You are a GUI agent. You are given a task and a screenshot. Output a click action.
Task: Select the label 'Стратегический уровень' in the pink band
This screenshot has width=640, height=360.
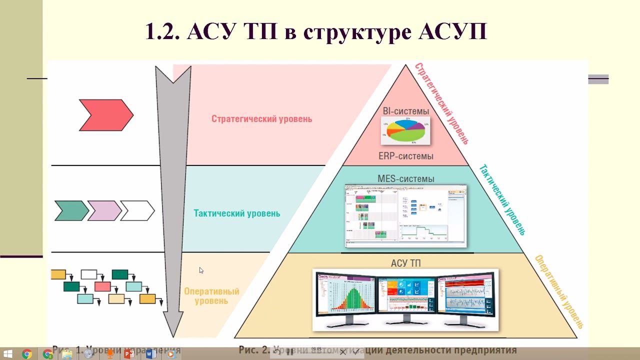(261, 119)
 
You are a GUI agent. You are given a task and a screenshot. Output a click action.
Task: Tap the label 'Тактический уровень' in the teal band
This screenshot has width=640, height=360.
(236, 213)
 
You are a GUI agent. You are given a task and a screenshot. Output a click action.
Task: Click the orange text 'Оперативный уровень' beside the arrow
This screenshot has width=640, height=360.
(211, 296)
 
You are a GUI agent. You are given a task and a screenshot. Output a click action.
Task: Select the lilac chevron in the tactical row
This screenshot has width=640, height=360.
(104, 210)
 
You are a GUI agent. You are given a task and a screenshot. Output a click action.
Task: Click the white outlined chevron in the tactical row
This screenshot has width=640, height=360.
(137, 210)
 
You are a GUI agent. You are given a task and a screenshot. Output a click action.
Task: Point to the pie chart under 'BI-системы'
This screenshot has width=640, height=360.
(405, 129)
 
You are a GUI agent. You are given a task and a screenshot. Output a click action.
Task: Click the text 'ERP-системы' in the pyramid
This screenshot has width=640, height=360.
(405, 156)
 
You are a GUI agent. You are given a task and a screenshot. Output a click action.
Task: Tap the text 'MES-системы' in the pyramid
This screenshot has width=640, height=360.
(405, 178)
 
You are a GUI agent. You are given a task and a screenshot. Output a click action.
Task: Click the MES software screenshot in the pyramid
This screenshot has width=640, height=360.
(405, 216)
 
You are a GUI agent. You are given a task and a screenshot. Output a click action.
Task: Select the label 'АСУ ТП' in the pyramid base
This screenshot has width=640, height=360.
(405, 262)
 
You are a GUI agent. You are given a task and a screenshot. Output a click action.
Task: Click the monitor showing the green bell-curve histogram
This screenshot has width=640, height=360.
(345, 298)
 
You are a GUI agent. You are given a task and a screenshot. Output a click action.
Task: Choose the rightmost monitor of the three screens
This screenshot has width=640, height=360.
(467, 298)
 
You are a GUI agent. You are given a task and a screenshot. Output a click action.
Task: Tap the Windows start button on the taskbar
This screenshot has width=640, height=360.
(8, 354)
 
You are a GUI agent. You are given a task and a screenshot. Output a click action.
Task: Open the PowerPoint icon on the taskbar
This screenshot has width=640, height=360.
(129, 354)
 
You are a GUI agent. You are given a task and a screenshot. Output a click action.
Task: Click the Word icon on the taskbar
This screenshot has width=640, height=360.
(151, 354)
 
